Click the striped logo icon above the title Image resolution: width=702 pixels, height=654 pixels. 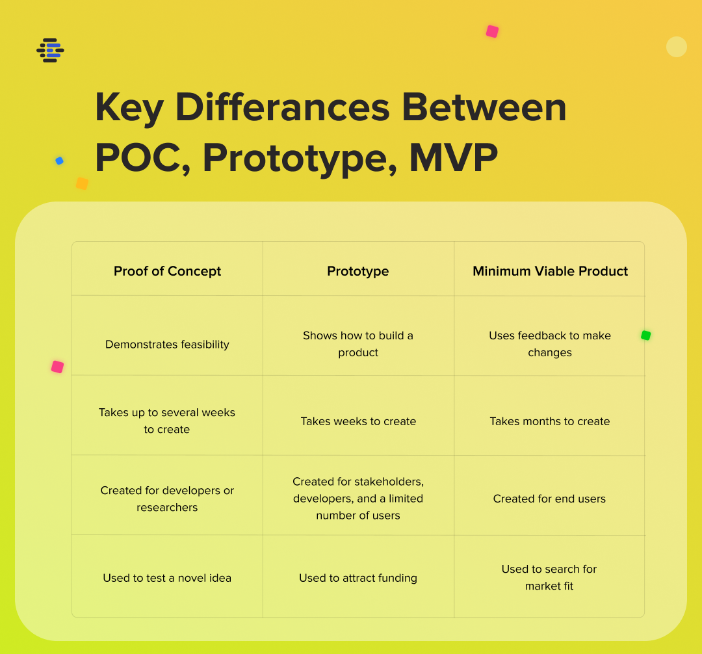click(x=50, y=50)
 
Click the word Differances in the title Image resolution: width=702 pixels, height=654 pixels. click(x=283, y=107)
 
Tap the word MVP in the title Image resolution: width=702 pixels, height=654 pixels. click(x=453, y=157)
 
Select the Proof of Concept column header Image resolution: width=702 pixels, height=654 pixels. click(x=167, y=271)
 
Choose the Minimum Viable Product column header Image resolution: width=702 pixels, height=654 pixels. click(x=551, y=271)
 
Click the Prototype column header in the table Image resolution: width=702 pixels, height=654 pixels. click(x=357, y=271)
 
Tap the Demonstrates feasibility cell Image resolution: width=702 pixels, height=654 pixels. click(x=167, y=345)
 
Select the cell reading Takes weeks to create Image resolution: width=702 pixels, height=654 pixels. click(x=358, y=421)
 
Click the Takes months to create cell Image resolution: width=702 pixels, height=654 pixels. click(x=550, y=421)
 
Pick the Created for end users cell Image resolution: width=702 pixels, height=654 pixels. click(x=549, y=499)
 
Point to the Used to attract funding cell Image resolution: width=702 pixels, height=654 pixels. click(x=358, y=578)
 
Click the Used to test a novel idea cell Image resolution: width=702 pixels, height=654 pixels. click(x=167, y=578)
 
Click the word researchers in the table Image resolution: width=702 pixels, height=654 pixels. click(x=167, y=507)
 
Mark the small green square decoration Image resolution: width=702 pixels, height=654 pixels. click(x=645, y=335)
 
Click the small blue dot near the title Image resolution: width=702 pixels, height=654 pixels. click(x=59, y=161)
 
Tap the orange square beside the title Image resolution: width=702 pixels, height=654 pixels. click(x=82, y=183)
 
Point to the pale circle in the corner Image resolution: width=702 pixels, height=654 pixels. click(x=677, y=47)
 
